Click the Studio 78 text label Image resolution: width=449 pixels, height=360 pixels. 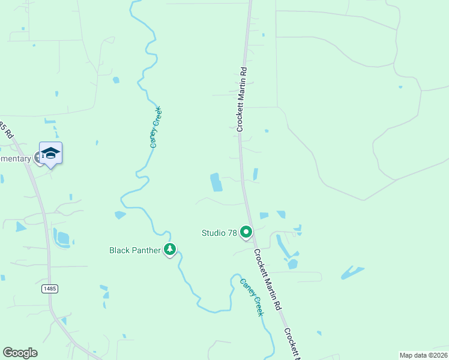coord(219,232)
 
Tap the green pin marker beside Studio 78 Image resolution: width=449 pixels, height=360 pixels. coord(246,232)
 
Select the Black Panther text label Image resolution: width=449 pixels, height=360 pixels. coord(134,250)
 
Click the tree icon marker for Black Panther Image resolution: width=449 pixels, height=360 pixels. coord(170,250)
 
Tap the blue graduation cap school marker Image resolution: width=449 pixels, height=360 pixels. coord(51,153)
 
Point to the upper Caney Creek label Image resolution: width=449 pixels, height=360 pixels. coord(156,127)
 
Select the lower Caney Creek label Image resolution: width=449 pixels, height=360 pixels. coord(252,298)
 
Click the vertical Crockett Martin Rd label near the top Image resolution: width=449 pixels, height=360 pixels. coord(241,99)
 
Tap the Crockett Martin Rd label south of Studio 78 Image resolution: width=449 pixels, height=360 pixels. coord(267,280)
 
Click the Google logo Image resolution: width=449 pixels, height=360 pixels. coord(20,353)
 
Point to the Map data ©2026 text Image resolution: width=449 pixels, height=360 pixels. coord(423,355)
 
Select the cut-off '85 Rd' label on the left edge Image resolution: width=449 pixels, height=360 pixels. coord(6,130)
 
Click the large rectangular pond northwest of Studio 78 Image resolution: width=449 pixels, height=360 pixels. coord(215,182)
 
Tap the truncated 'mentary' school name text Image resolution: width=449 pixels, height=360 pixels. coord(15,158)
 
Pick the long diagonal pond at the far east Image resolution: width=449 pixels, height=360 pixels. coord(352,273)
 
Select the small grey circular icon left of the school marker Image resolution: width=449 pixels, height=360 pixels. coord(38,158)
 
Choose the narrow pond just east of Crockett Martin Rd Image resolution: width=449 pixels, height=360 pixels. coord(256,174)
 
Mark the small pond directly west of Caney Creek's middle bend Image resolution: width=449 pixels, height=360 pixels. coord(120,214)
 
